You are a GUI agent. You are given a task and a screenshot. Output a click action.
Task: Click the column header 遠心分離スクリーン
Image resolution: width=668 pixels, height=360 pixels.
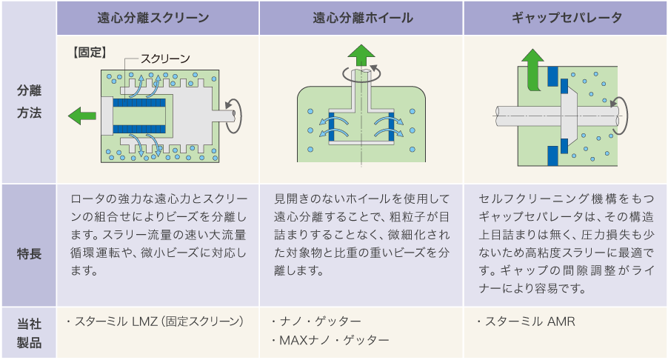point(157,18)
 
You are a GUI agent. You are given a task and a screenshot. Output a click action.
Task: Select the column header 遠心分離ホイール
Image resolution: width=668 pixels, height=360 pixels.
point(361,18)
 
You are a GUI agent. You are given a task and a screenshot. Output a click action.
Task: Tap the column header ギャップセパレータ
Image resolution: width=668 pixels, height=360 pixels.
point(566,18)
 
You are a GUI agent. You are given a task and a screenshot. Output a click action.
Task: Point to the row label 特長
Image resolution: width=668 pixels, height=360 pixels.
point(29,253)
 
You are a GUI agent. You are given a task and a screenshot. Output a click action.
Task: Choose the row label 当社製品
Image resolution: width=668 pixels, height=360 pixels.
point(29,333)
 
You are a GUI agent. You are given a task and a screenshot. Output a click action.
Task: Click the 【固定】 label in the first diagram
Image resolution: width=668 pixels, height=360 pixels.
point(88,53)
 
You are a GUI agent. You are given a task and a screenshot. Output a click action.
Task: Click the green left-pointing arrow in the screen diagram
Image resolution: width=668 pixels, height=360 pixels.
point(81,115)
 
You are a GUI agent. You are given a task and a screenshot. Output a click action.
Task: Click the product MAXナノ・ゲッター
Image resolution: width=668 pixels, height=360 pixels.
point(329,340)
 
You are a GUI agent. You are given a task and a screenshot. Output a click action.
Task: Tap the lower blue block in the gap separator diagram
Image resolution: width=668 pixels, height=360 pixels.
point(551,156)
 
